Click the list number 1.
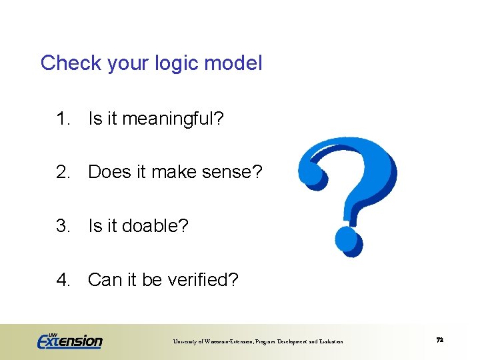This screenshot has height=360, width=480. pos(63,119)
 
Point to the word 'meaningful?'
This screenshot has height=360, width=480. pos(173,120)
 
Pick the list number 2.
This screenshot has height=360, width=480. pos(63,173)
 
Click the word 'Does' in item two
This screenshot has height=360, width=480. pos(109,173)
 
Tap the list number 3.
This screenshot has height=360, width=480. pos(63,226)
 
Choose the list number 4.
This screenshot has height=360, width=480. pos(63,279)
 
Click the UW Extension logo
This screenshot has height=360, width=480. pos(69,340)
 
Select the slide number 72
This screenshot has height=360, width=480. pos(439,340)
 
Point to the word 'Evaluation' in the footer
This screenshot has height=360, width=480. pos(329,342)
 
